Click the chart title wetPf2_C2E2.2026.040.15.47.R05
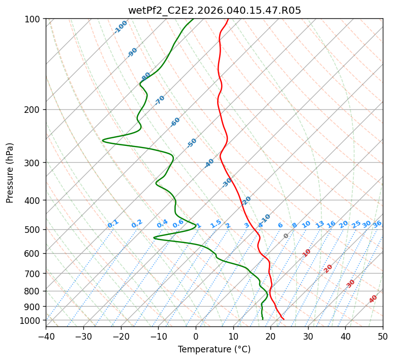tap(214, 10)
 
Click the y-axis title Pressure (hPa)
tap(10, 172)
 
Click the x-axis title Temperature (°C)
tap(214, 349)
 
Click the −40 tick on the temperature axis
tap(46, 336)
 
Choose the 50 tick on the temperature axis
tap(383, 336)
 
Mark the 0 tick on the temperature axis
tap(196, 336)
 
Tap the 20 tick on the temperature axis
tap(270, 336)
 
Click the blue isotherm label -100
tap(120, 27)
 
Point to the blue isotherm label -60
tap(175, 122)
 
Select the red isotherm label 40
tap(373, 299)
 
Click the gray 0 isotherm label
tap(286, 236)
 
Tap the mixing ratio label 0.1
tap(113, 224)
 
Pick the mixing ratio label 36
tap(377, 224)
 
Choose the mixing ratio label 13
tap(320, 224)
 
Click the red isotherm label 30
tap(351, 283)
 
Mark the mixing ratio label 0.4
tap(162, 224)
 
